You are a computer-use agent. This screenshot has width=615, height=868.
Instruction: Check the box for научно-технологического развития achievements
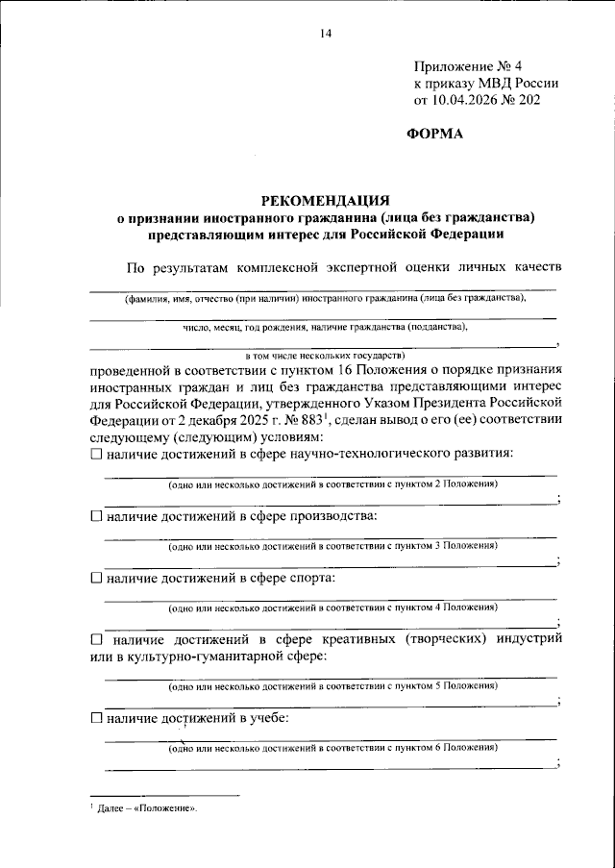(95, 453)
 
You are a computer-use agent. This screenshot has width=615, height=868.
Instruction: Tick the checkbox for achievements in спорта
(95, 580)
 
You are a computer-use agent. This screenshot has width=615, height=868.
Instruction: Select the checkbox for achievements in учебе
(95, 718)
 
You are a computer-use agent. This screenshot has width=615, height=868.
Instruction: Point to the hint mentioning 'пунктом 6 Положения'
(332, 747)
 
